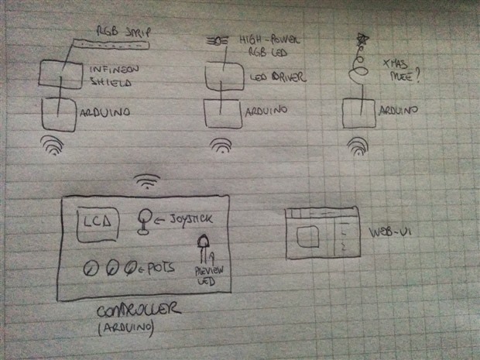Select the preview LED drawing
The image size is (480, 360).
[205, 249]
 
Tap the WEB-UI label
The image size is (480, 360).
[385, 232]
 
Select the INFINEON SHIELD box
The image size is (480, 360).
[61, 76]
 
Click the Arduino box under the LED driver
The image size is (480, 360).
[223, 115]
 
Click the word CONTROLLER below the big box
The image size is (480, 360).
[140, 311]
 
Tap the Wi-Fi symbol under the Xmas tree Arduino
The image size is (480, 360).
[358, 145]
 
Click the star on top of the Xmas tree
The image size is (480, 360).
[362, 39]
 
